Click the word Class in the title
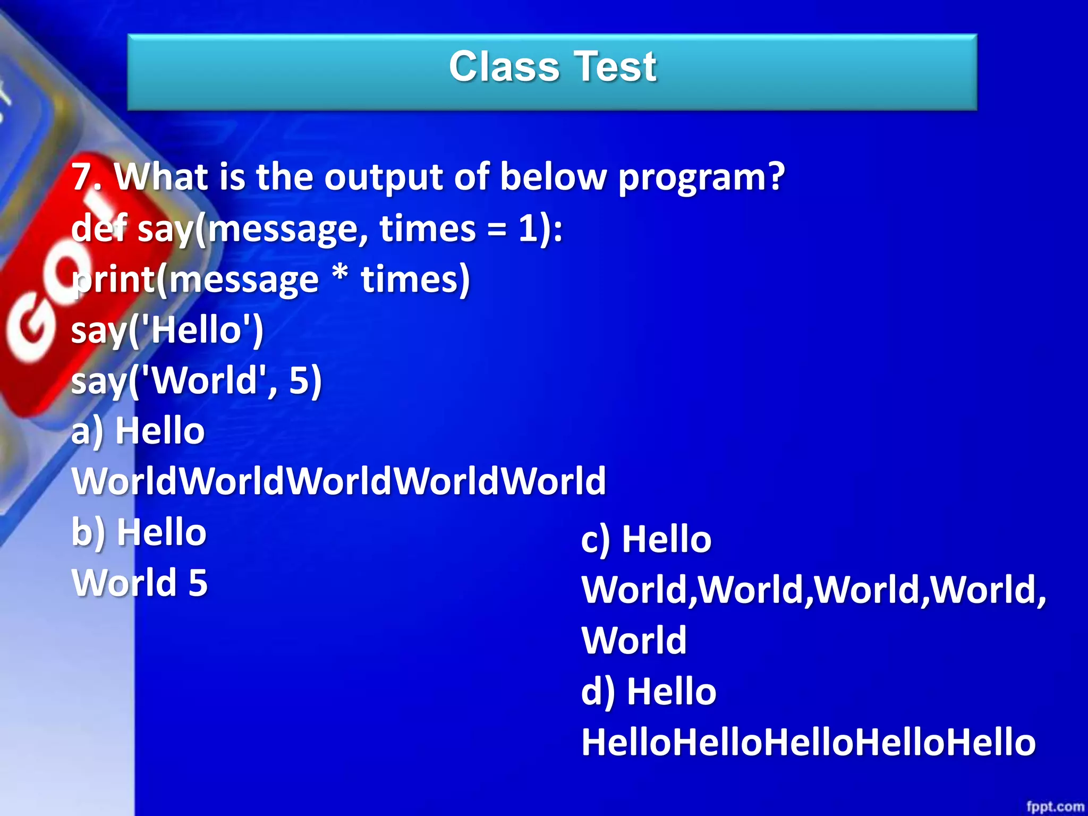pyautogui.click(x=504, y=67)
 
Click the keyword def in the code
pyautogui.click(x=98, y=228)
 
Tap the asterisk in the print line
pyautogui.click(x=339, y=274)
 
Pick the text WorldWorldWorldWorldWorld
pyautogui.click(x=339, y=481)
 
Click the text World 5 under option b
pyautogui.click(x=140, y=583)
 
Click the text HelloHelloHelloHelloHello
pyautogui.click(x=808, y=743)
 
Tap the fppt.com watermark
pyautogui.click(x=1055, y=806)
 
